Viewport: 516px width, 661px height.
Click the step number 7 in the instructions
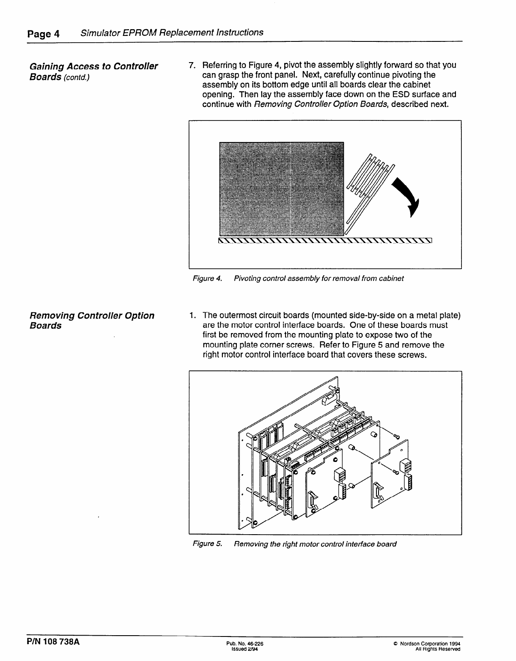pyautogui.click(x=192, y=66)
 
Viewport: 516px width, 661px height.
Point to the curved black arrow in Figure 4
pyautogui.click(x=407, y=197)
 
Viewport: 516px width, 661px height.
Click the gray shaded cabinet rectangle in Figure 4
pyautogui.click(x=282, y=188)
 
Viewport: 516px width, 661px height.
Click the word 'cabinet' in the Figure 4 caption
pyautogui.click(x=392, y=279)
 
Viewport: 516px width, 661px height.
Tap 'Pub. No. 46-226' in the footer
pyautogui.click(x=245, y=644)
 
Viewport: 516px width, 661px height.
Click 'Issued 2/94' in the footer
pyautogui.click(x=242, y=649)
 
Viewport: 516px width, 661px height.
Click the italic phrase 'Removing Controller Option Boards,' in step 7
pyautogui.click(x=321, y=104)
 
